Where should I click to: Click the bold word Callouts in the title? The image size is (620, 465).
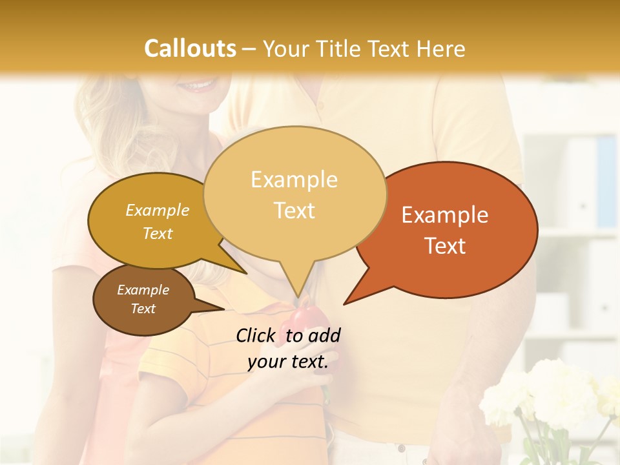(x=190, y=48)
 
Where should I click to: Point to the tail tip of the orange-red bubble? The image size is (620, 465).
(x=344, y=304)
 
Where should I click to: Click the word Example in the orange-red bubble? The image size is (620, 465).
(x=445, y=214)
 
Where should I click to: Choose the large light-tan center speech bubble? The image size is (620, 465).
(x=294, y=194)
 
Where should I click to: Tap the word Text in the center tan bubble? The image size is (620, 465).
(x=294, y=211)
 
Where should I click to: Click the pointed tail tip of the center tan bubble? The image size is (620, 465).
(x=298, y=298)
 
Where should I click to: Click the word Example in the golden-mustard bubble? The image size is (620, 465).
(x=158, y=210)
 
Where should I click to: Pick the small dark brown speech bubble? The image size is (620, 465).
(x=143, y=300)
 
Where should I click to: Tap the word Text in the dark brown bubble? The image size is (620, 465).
(x=143, y=309)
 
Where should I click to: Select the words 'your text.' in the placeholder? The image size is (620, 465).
(x=288, y=362)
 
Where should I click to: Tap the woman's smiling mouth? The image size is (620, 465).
(x=197, y=85)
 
